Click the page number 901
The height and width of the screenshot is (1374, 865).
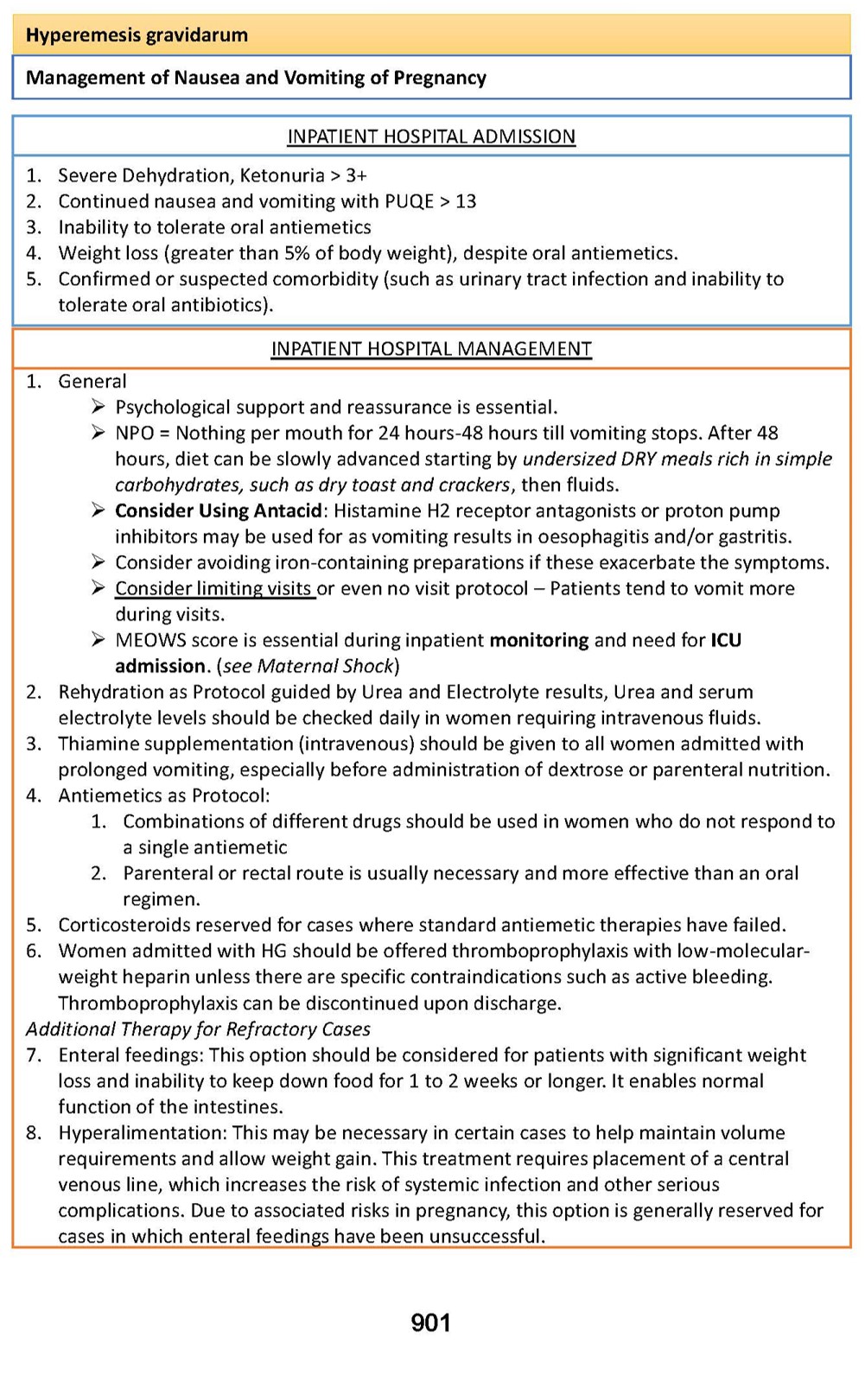[430, 1322]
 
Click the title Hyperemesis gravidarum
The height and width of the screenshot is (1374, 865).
[137, 35]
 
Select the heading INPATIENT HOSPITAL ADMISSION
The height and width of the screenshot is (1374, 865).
[431, 136]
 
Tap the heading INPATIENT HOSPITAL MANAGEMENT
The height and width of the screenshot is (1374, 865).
[431, 349]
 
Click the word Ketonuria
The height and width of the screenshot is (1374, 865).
[282, 175]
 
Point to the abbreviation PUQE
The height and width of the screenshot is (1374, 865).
[409, 201]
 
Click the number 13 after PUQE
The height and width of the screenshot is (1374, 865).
[466, 201]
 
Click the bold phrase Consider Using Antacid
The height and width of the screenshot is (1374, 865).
[219, 510]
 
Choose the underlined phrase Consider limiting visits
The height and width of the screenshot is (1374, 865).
[214, 588]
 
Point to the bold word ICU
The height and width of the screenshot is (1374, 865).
[726, 640]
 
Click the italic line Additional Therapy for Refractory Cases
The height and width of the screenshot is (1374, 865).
[198, 1029]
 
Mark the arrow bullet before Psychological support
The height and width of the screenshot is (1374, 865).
[99, 407]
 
